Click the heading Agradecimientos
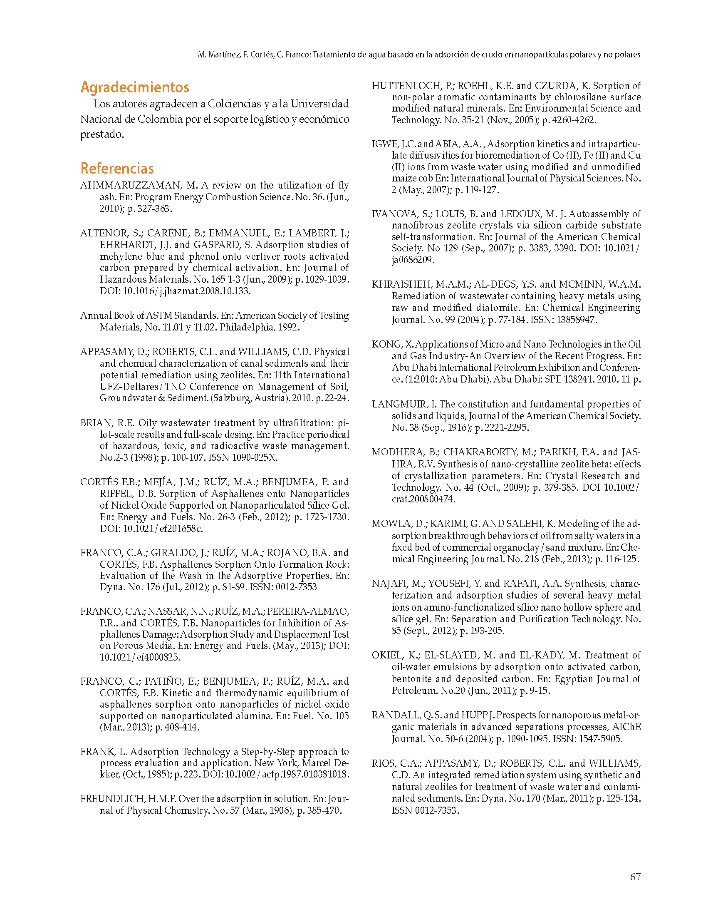coord(134,87)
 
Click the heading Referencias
coord(117,168)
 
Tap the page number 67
coord(635,877)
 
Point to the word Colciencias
coord(234,104)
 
